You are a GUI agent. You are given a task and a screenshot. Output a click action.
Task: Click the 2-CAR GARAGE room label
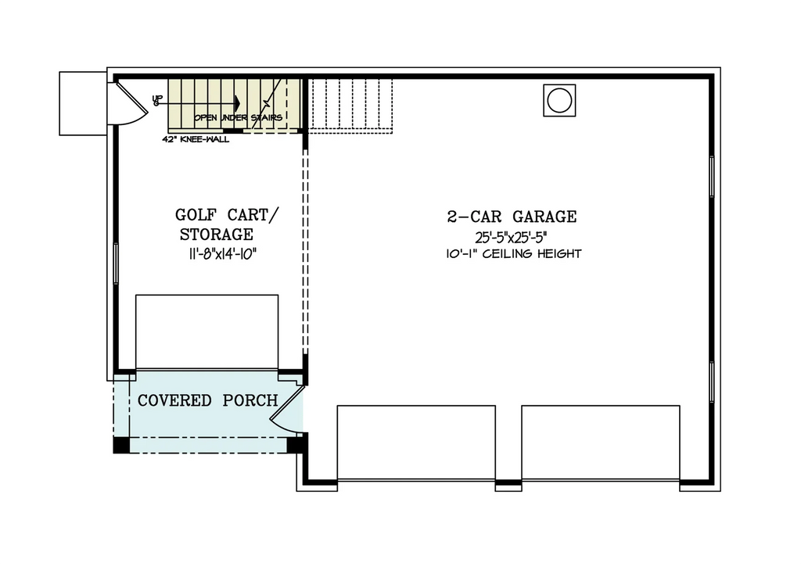[512, 217]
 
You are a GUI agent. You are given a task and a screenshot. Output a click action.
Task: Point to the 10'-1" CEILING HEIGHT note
[513, 254]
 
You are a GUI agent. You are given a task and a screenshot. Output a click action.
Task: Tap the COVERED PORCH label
[207, 401]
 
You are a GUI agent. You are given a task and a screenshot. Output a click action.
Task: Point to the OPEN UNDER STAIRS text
[238, 118]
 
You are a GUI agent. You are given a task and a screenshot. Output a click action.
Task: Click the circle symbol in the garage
[559, 100]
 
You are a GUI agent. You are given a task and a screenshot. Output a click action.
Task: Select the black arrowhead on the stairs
[235, 103]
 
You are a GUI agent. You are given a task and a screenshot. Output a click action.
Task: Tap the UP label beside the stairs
[156, 100]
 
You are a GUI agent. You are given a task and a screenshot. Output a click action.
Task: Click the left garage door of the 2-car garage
[416, 442]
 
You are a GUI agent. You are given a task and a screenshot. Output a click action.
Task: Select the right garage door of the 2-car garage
[601, 442]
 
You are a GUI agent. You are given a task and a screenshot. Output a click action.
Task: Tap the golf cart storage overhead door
[207, 331]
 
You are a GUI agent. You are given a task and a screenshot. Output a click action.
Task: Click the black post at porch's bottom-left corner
[121, 445]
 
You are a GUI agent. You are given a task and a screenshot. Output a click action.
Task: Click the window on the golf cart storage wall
[116, 263]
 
